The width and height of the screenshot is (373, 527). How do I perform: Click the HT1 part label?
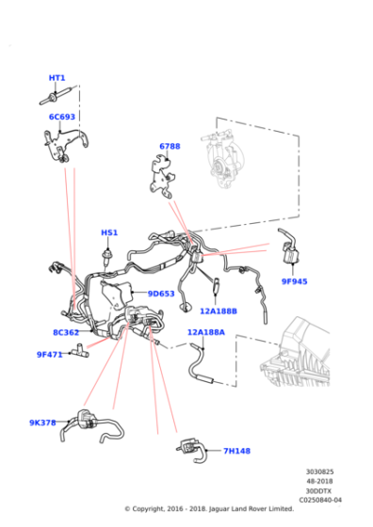[x=57, y=77]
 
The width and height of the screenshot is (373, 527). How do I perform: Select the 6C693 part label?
[x=62, y=118]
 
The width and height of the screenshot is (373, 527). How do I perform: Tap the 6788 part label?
[x=170, y=146]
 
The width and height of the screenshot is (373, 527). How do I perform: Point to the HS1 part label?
[x=109, y=232]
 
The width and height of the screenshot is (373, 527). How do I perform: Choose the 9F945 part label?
[x=294, y=280]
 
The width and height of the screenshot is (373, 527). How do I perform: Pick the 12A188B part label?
[x=219, y=311]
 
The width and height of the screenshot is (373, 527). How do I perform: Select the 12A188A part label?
[x=205, y=331]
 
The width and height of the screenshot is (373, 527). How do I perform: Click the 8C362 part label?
[x=66, y=332]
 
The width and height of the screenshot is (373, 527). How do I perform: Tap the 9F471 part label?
[x=49, y=354]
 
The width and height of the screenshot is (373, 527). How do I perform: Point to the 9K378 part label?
[x=43, y=423]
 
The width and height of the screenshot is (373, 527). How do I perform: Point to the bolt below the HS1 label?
[x=109, y=251]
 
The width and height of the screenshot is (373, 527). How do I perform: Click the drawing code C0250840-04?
[x=320, y=501]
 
